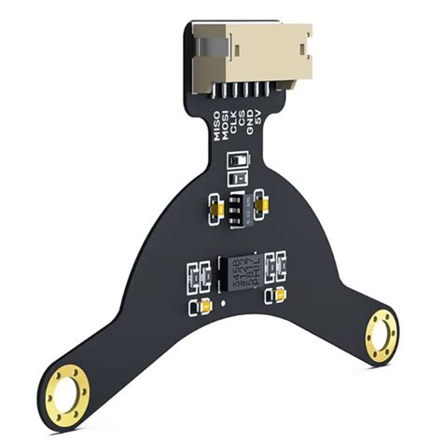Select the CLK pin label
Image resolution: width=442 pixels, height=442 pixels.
237,131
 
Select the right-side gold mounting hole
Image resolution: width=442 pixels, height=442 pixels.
381,331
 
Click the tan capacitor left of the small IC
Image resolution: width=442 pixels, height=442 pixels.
214,206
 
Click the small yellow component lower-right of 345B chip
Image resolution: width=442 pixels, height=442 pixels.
280,297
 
